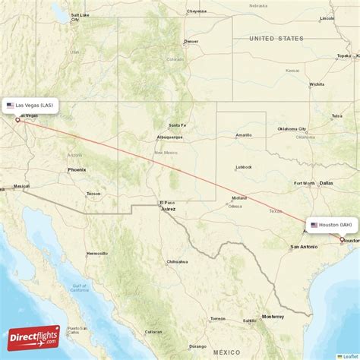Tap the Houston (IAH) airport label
(x=333, y=225)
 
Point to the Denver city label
(x=191, y=41)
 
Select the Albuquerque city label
(x=169, y=137)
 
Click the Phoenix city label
(x=77, y=169)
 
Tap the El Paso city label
(x=166, y=202)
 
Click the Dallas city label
(x=327, y=183)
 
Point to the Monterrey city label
(x=273, y=316)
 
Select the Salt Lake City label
(x=79, y=14)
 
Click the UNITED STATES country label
(x=276, y=38)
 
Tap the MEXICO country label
(x=226, y=352)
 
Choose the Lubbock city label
(x=244, y=167)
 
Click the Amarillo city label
(x=243, y=135)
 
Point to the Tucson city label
(x=93, y=193)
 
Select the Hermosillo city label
(x=96, y=253)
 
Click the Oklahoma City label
(x=292, y=128)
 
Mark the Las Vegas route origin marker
(x=17, y=118)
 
